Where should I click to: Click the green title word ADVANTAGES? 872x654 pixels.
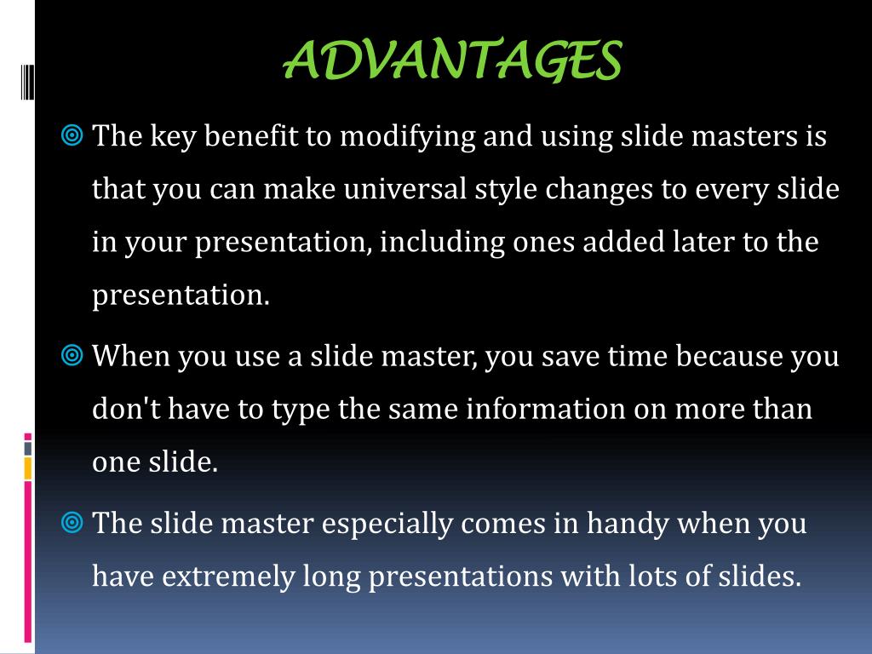pos(452,61)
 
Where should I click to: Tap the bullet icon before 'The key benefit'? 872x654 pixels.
pos(72,135)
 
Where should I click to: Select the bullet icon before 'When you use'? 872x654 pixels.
pos(72,355)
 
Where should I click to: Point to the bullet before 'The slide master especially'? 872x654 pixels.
pos(72,522)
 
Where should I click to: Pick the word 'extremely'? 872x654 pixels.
pos(229,577)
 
